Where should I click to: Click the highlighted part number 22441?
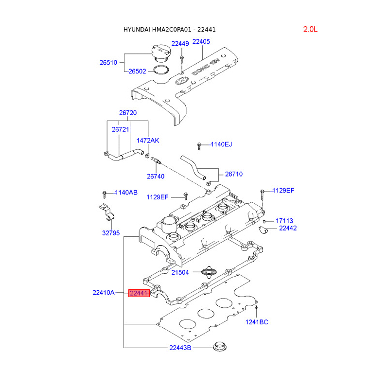139,293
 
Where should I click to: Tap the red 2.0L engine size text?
310,29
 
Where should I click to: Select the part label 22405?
201,41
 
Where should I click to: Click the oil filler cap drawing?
161,53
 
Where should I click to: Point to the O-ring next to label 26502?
161,70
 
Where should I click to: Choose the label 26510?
108,63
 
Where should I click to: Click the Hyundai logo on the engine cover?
182,81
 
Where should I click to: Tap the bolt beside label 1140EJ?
199,146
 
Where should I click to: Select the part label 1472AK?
148,141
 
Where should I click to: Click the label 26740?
156,177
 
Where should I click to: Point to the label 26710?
234,174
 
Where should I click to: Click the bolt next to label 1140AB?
105,194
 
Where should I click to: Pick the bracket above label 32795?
107,212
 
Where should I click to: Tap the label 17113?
284,221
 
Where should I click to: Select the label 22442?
288,228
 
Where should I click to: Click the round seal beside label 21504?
208,272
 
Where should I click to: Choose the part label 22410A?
104,293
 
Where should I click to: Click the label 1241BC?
257,322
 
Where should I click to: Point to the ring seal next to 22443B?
220,346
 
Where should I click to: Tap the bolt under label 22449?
181,59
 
